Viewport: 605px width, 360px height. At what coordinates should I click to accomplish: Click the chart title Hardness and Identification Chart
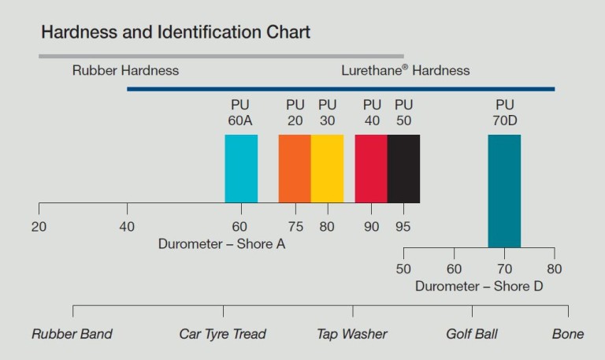(176, 32)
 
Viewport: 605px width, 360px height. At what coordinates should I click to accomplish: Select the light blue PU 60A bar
(241, 169)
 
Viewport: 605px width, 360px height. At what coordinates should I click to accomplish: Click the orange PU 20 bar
(295, 169)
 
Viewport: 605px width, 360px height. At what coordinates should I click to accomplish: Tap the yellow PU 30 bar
(327, 169)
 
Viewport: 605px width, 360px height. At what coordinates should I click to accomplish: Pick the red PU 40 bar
(371, 169)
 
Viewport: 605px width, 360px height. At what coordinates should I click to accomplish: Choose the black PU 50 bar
(403, 169)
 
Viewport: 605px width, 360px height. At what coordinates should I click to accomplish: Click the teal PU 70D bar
(504, 191)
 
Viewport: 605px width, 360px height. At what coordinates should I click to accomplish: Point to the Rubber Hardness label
(125, 70)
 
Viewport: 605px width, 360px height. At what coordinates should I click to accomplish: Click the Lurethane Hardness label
(405, 70)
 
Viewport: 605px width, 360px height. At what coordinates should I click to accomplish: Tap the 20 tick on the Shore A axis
(39, 227)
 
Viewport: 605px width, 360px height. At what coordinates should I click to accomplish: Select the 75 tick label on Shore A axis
(295, 227)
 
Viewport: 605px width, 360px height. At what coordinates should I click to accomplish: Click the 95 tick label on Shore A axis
(404, 227)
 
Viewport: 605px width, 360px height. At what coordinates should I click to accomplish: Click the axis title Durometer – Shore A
(221, 244)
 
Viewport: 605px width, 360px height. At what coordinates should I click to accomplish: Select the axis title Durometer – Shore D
(479, 286)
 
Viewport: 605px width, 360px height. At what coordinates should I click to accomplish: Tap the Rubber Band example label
(72, 334)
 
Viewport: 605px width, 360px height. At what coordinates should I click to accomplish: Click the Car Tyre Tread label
(223, 334)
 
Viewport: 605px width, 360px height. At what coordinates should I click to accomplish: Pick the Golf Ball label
(472, 334)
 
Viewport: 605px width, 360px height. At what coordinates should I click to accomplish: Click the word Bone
(568, 334)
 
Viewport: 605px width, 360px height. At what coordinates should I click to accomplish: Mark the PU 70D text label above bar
(504, 112)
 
